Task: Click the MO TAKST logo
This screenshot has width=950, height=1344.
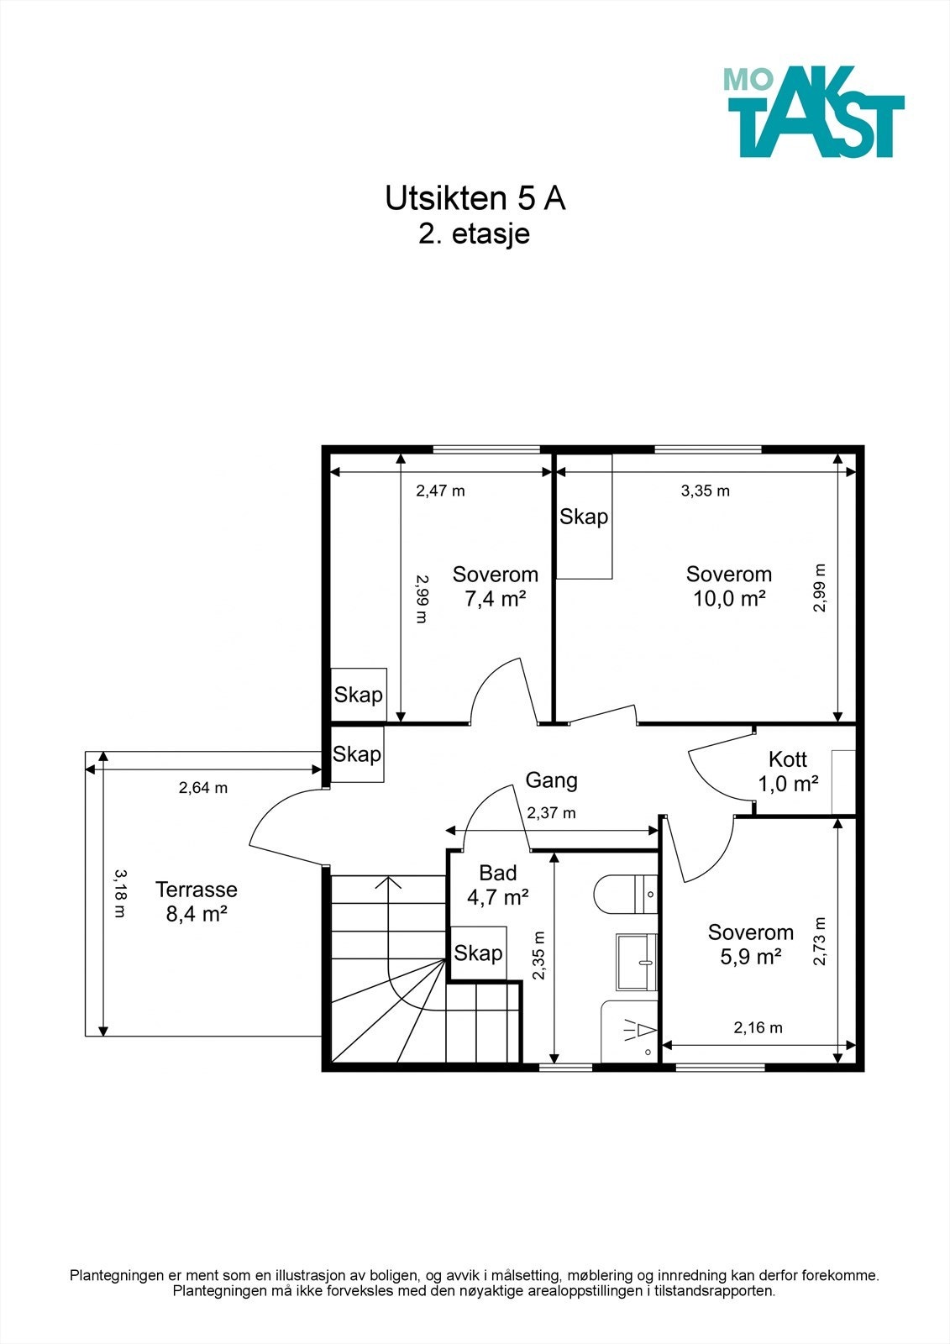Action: tap(813, 112)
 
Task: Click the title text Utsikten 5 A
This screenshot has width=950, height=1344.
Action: tap(475, 199)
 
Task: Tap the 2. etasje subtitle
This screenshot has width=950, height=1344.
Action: tap(474, 234)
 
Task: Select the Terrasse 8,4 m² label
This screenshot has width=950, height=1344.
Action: tap(197, 901)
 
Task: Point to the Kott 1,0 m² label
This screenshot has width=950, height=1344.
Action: tap(788, 772)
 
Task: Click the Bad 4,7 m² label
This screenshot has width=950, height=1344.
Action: tap(497, 885)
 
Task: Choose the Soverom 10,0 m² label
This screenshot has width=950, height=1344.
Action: tap(729, 586)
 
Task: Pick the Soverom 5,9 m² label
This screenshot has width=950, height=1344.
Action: tap(751, 944)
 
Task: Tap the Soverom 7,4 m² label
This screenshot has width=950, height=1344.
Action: tap(495, 586)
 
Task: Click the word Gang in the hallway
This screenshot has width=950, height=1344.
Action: tap(552, 780)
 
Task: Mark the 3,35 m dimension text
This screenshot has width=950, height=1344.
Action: tap(705, 491)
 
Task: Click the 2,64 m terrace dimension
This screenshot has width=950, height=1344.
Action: tap(202, 788)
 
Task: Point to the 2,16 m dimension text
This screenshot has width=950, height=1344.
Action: tap(758, 1028)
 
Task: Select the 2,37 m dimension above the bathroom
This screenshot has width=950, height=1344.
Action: tap(551, 813)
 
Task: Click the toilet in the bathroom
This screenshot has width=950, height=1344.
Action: tap(626, 894)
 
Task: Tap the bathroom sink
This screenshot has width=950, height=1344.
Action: tap(637, 962)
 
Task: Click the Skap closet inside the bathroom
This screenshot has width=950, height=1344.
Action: tap(478, 953)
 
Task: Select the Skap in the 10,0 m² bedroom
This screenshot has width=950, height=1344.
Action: tap(585, 517)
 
